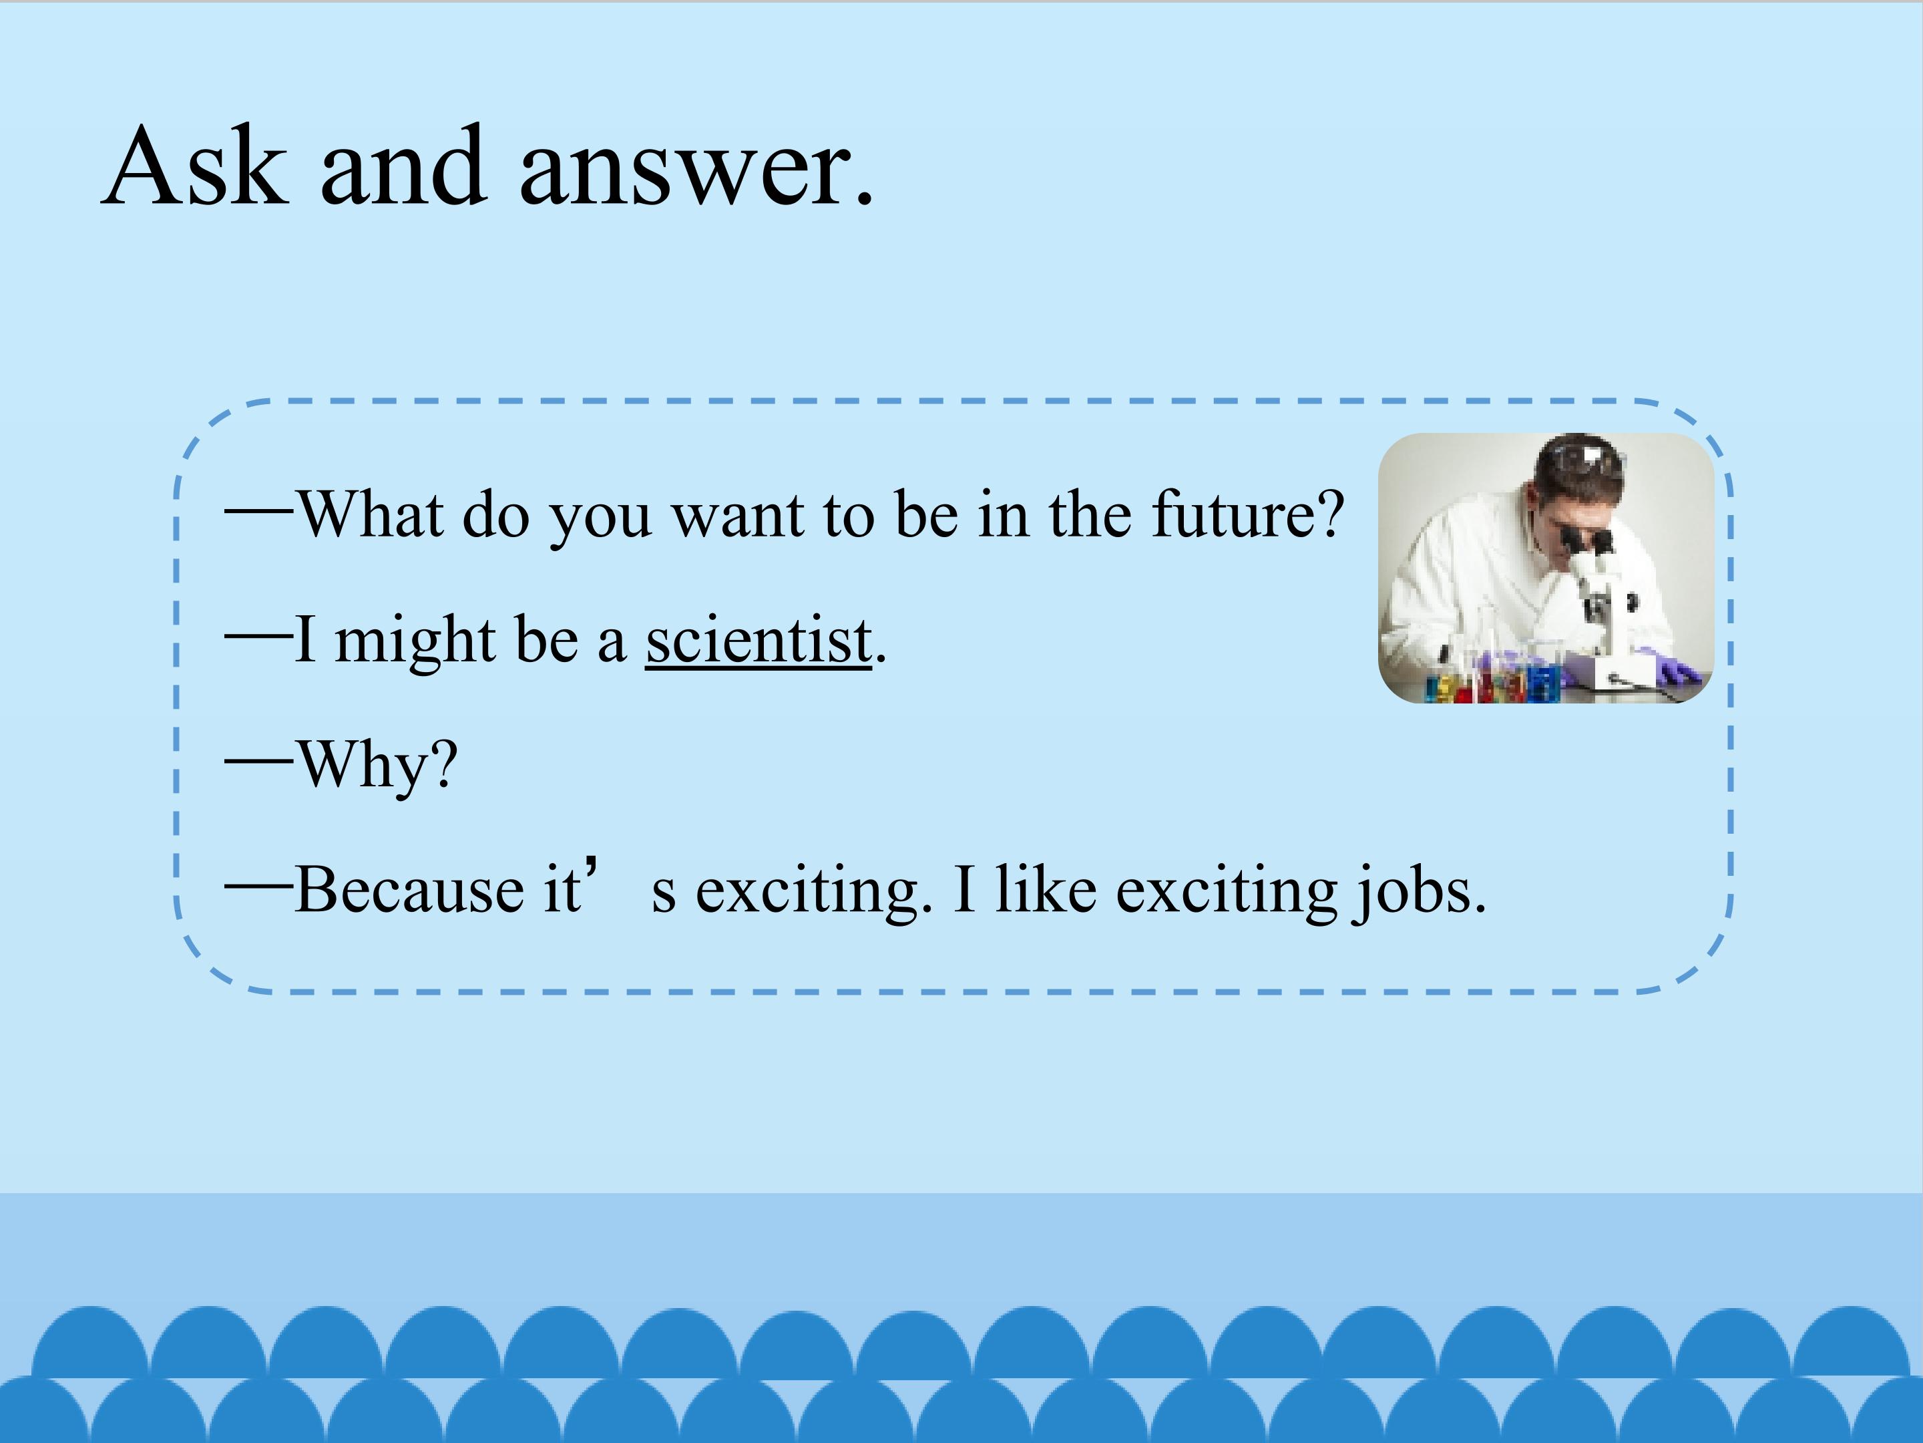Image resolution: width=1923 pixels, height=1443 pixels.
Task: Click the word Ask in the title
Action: coord(194,165)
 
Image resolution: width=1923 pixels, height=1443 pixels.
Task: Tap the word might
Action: coord(415,642)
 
